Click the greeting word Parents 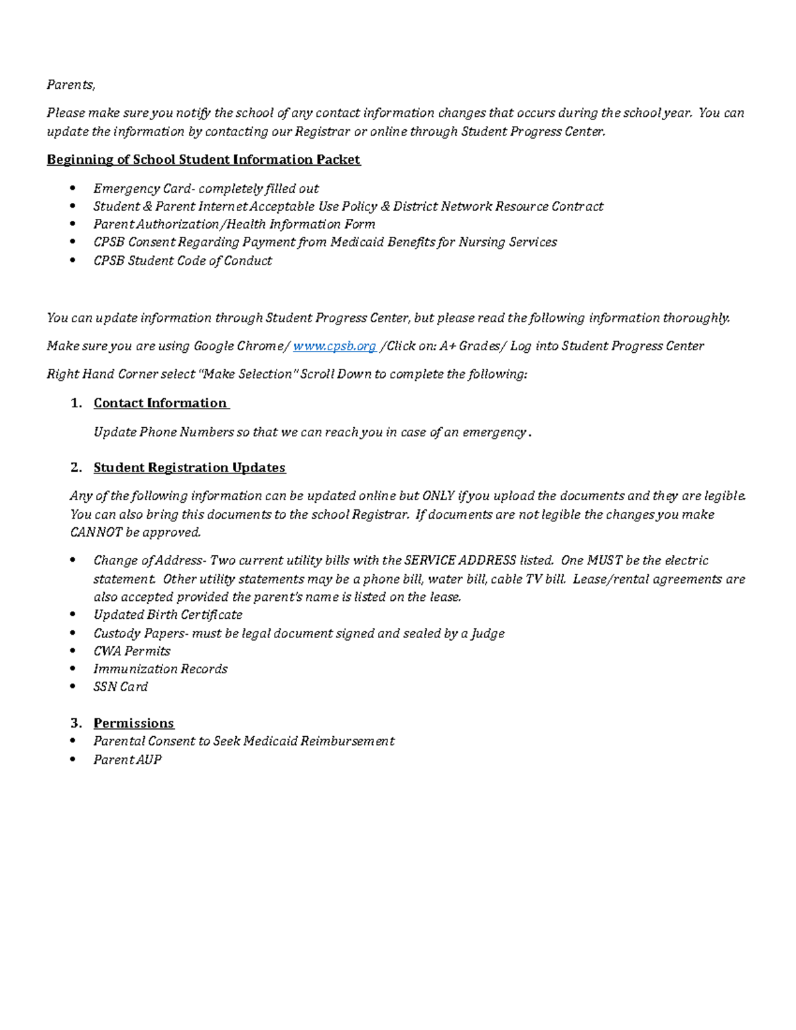tap(70, 85)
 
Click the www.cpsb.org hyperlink tap(334, 346)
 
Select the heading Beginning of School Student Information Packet tap(203, 160)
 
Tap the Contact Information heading tap(161, 403)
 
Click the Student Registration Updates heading tap(189, 468)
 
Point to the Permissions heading tap(133, 723)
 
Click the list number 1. tap(76, 403)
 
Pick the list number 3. tap(76, 723)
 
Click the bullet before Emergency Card tap(73, 188)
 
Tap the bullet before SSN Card tap(73, 686)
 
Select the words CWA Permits tap(131, 651)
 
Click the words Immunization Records tap(160, 669)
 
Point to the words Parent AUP tap(127, 760)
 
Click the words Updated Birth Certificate tap(167, 615)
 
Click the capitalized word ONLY tap(438, 496)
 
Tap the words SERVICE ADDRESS tap(460, 560)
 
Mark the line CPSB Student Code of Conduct tap(182, 261)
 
